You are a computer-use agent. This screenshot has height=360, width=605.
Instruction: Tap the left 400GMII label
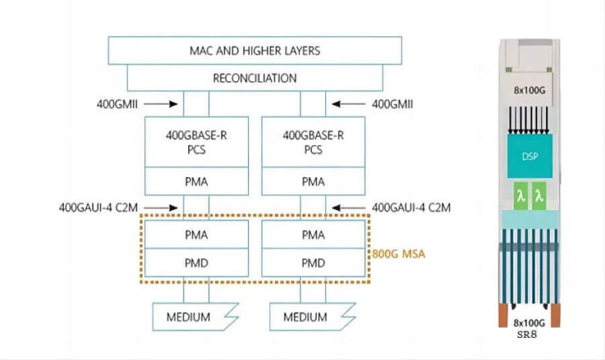coord(122,102)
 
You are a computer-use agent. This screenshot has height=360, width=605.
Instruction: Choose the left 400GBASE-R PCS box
coord(196,141)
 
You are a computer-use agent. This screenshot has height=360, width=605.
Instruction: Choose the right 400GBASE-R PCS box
coord(314,141)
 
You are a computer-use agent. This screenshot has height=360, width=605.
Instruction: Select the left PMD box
coord(196,262)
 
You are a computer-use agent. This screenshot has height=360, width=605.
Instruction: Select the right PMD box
coord(314,262)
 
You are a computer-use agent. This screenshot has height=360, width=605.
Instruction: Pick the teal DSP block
coord(529,156)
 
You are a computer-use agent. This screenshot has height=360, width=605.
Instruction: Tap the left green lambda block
coord(520,195)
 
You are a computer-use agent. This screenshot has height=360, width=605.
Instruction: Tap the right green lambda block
coord(540,195)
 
